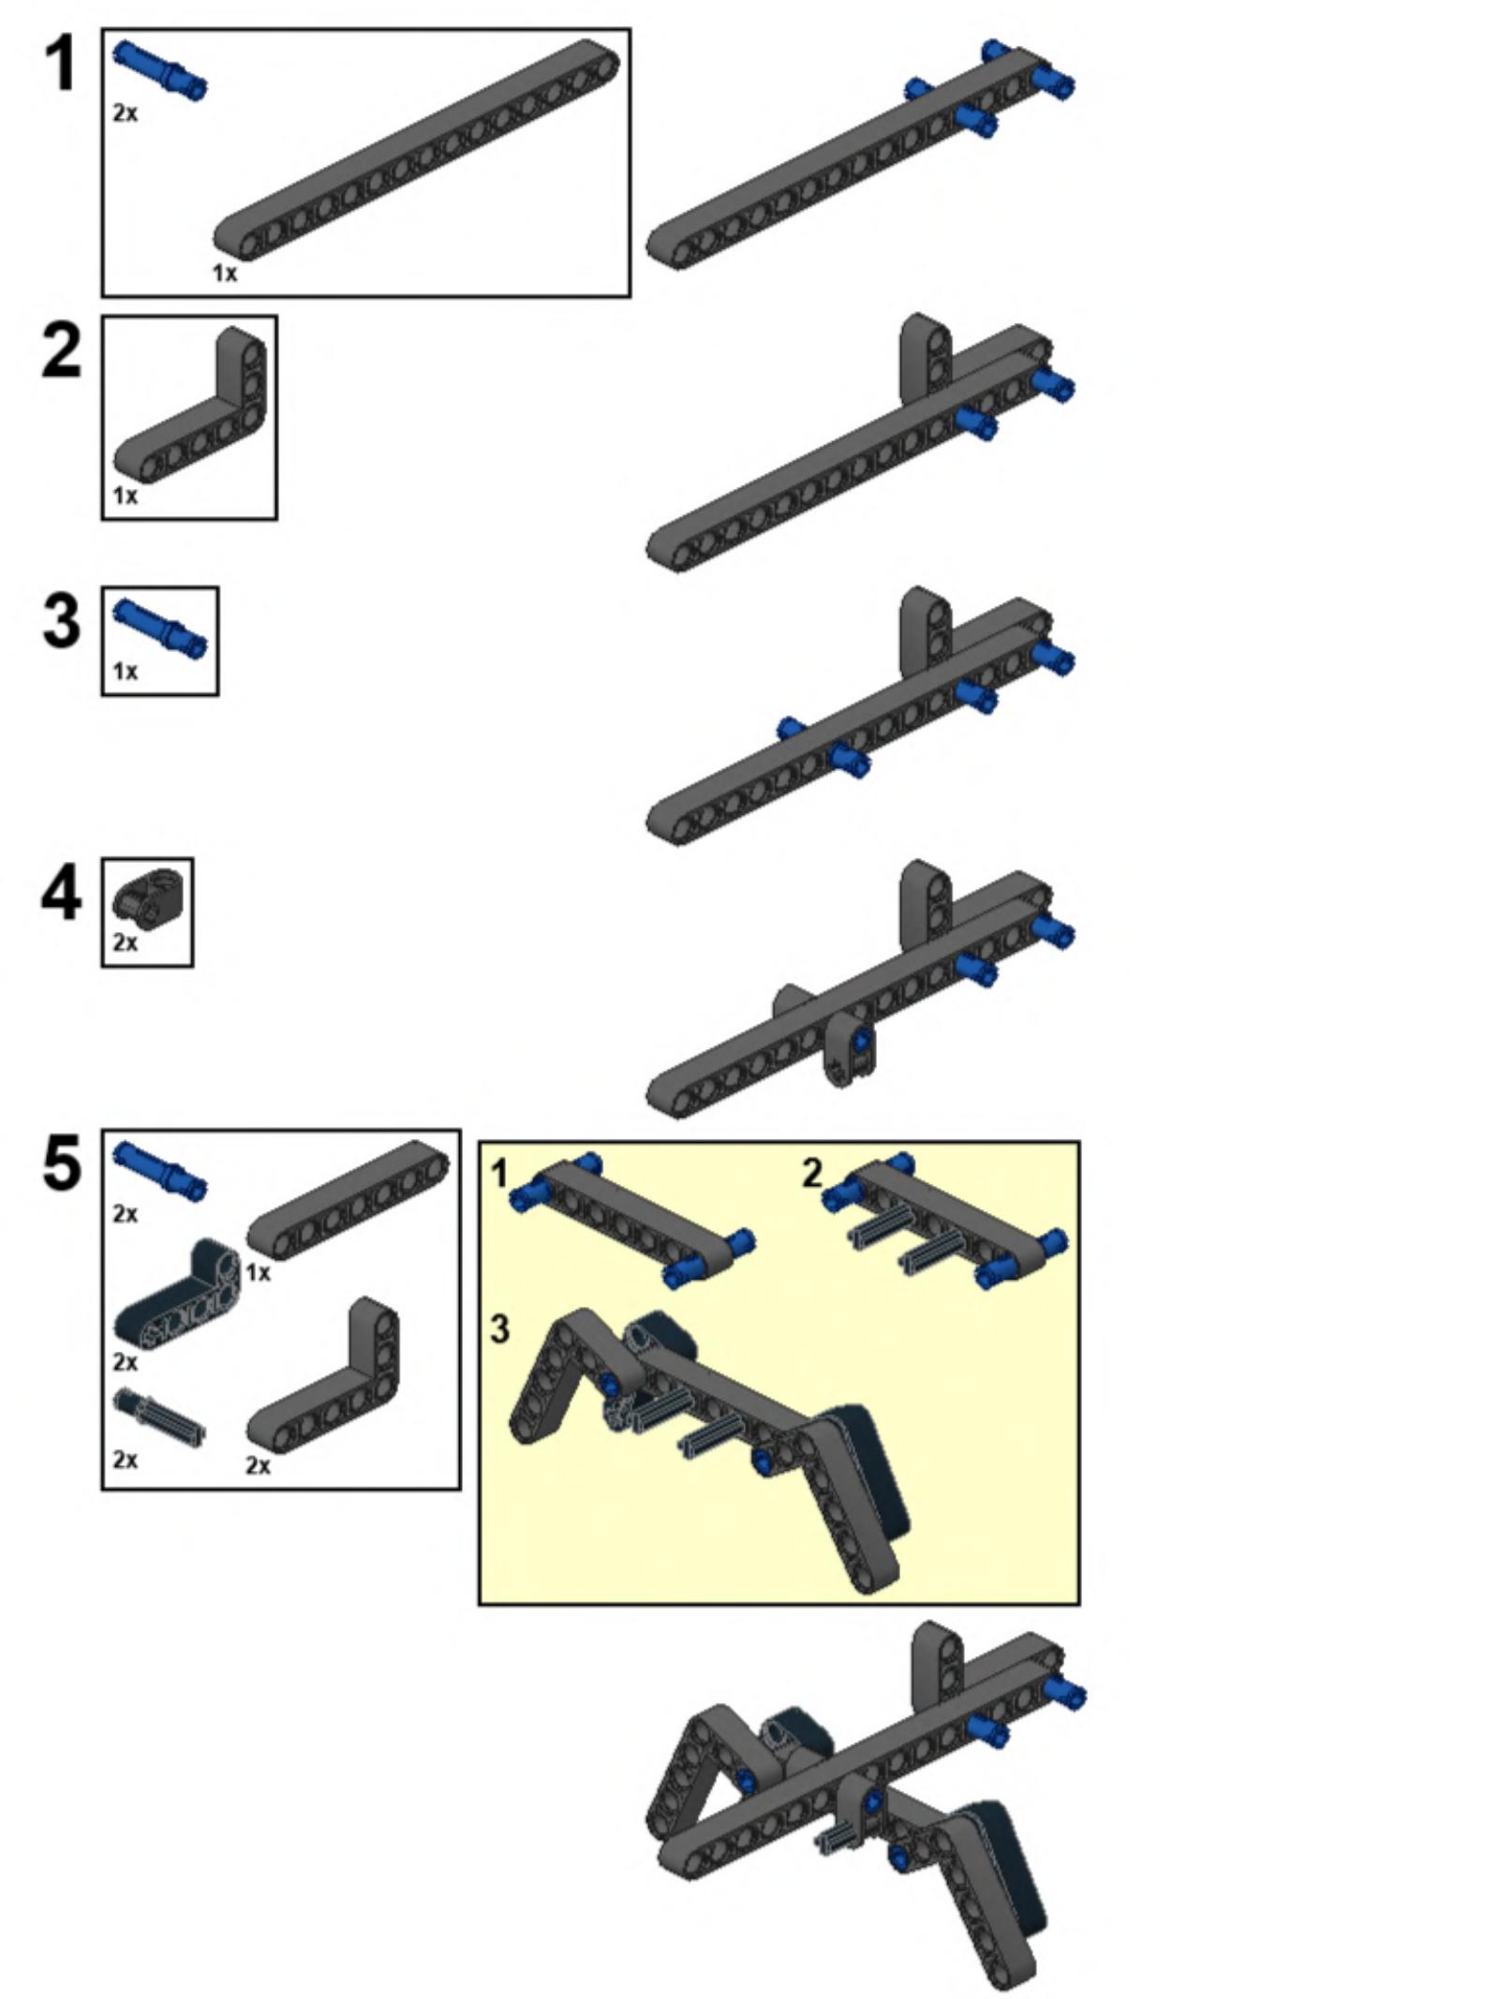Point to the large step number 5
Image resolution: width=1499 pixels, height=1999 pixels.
pyautogui.click(x=62, y=1164)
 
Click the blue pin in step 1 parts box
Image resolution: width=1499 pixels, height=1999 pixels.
pyautogui.click(x=159, y=69)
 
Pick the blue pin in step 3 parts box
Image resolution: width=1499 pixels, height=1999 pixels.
pyautogui.click(x=159, y=629)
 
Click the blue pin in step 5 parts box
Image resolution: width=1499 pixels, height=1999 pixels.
pyautogui.click(x=159, y=1170)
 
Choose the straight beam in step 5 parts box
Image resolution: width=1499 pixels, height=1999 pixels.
pyautogui.click(x=348, y=1200)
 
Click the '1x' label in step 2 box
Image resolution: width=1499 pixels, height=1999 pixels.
pyautogui.click(x=125, y=496)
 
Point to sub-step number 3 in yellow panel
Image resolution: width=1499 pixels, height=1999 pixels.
pyautogui.click(x=499, y=1328)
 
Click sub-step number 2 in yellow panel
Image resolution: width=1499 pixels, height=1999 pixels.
pyautogui.click(x=812, y=1173)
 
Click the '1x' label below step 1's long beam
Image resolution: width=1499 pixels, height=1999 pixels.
pyautogui.click(x=225, y=273)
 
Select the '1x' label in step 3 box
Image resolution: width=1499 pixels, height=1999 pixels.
pyautogui.click(x=125, y=672)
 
